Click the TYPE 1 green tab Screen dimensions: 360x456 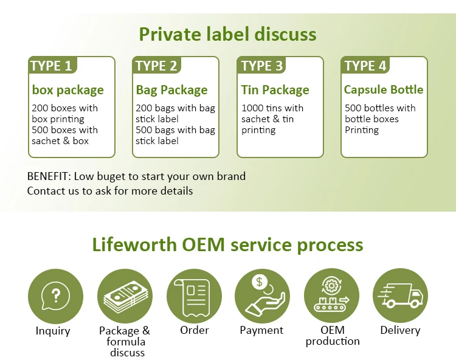[51, 66]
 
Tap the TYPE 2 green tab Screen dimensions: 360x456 [156, 66]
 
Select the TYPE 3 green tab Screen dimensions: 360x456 [261, 66]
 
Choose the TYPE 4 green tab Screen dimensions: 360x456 [365, 66]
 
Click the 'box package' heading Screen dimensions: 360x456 [67, 90]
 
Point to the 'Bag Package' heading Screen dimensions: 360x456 [171, 90]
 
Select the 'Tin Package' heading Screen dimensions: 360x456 [275, 90]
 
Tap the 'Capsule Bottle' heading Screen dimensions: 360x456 [383, 89]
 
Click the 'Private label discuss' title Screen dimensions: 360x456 [228, 33]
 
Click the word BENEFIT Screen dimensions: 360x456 [49, 176]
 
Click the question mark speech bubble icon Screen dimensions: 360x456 [55, 296]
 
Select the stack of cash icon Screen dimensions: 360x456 [124, 296]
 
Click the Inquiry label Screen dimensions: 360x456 [53, 331]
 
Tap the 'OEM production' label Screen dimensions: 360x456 [333, 336]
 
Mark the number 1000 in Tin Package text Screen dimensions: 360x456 [252, 108]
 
